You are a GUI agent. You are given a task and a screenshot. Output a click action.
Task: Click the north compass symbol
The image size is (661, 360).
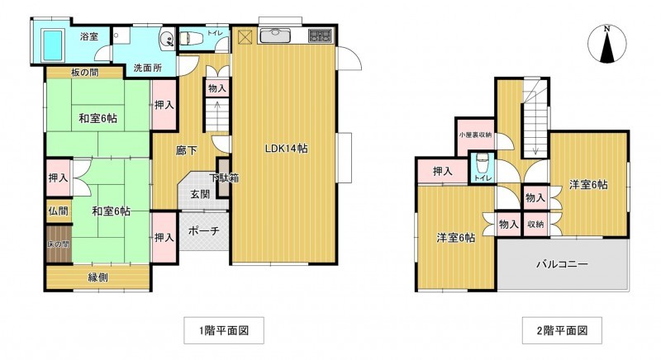point(607,45)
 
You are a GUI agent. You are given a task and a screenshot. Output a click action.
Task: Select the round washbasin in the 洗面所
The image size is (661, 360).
point(168,40)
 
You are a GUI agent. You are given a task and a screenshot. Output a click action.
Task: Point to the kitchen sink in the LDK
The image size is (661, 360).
point(275,36)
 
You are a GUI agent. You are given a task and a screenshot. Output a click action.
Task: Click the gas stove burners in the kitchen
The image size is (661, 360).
point(320,36)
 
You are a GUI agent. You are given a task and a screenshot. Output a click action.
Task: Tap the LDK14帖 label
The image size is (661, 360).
point(286,148)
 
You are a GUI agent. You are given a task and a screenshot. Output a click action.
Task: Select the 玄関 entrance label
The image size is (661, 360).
point(200,194)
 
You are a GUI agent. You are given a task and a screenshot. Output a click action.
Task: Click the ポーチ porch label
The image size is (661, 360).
point(203,230)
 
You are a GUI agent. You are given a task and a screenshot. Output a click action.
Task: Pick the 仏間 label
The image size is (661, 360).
point(58,211)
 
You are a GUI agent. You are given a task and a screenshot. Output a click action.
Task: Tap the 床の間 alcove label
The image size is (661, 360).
point(58,244)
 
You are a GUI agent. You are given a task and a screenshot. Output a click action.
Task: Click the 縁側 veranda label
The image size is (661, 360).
point(97,277)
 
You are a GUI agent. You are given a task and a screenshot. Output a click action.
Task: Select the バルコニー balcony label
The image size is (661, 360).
point(563,264)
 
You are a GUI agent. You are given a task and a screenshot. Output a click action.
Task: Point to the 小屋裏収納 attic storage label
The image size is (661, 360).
point(476,135)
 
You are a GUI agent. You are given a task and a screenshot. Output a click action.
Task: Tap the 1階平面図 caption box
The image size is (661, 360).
point(224,330)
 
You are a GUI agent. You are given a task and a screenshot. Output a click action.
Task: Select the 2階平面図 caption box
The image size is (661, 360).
point(562,330)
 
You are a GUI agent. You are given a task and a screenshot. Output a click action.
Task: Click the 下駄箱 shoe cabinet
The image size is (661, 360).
point(223,178)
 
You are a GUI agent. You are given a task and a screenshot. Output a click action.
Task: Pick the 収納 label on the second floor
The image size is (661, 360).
point(535,225)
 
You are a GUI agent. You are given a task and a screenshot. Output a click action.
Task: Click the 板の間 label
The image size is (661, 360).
point(85,73)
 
